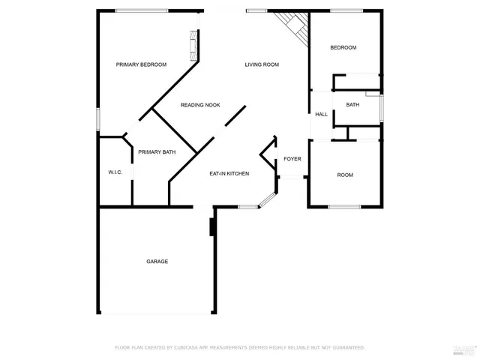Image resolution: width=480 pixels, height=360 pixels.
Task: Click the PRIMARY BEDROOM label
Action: pos(141,64)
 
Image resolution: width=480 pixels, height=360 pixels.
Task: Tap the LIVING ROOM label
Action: pos(262,64)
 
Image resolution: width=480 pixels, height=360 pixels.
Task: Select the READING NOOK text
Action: pos(200,105)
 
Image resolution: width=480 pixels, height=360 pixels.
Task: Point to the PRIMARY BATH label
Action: pos(157,152)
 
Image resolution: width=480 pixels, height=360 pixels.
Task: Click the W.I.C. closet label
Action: pos(115,172)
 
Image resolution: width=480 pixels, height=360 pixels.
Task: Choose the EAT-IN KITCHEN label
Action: pos(229,173)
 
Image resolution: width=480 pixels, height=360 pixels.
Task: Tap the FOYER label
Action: pos(292,159)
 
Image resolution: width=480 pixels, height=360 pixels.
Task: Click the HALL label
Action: pos(321,114)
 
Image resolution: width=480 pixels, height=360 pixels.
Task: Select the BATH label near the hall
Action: pos(352,105)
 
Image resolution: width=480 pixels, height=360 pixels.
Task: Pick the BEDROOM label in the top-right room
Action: pos(343,48)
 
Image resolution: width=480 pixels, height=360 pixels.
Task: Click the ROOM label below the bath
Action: pos(345,175)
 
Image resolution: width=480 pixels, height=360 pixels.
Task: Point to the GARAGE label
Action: pos(157,261)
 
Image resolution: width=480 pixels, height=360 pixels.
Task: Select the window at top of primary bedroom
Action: pos(142,10)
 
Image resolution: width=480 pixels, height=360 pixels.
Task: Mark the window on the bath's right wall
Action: pos(382,107)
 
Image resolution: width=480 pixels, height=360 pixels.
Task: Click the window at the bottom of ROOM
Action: pos(344,207)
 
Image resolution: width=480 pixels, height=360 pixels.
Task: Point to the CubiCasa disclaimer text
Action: pos(239,347)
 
